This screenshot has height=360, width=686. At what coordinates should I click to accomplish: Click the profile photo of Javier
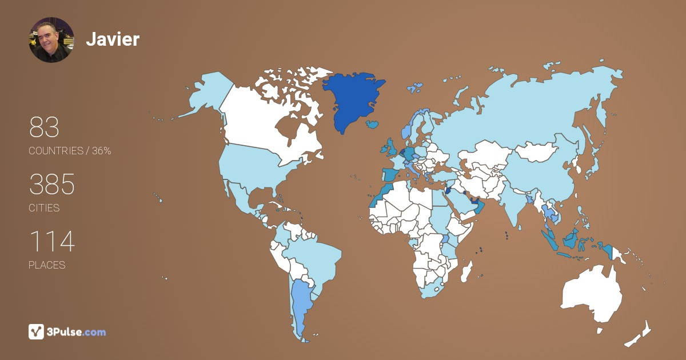(x=51, y=39)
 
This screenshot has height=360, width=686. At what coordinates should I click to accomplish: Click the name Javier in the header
(x=113, y=39)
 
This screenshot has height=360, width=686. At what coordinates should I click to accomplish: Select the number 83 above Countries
(x=44, y=127)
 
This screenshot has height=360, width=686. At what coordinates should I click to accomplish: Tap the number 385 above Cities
(x=52, y=185)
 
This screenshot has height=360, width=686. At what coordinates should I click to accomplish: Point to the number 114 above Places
(x=51, y=242)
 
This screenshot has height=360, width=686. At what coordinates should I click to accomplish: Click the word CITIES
(x=44, y=208)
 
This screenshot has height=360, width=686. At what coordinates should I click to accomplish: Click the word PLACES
(x=47, y=265)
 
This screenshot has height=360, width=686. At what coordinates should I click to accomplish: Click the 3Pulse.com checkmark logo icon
(x=36, y=331)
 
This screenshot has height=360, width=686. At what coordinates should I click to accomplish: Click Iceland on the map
(x=373, y=123)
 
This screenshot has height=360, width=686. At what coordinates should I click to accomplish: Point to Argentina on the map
(x=300, y=303)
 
